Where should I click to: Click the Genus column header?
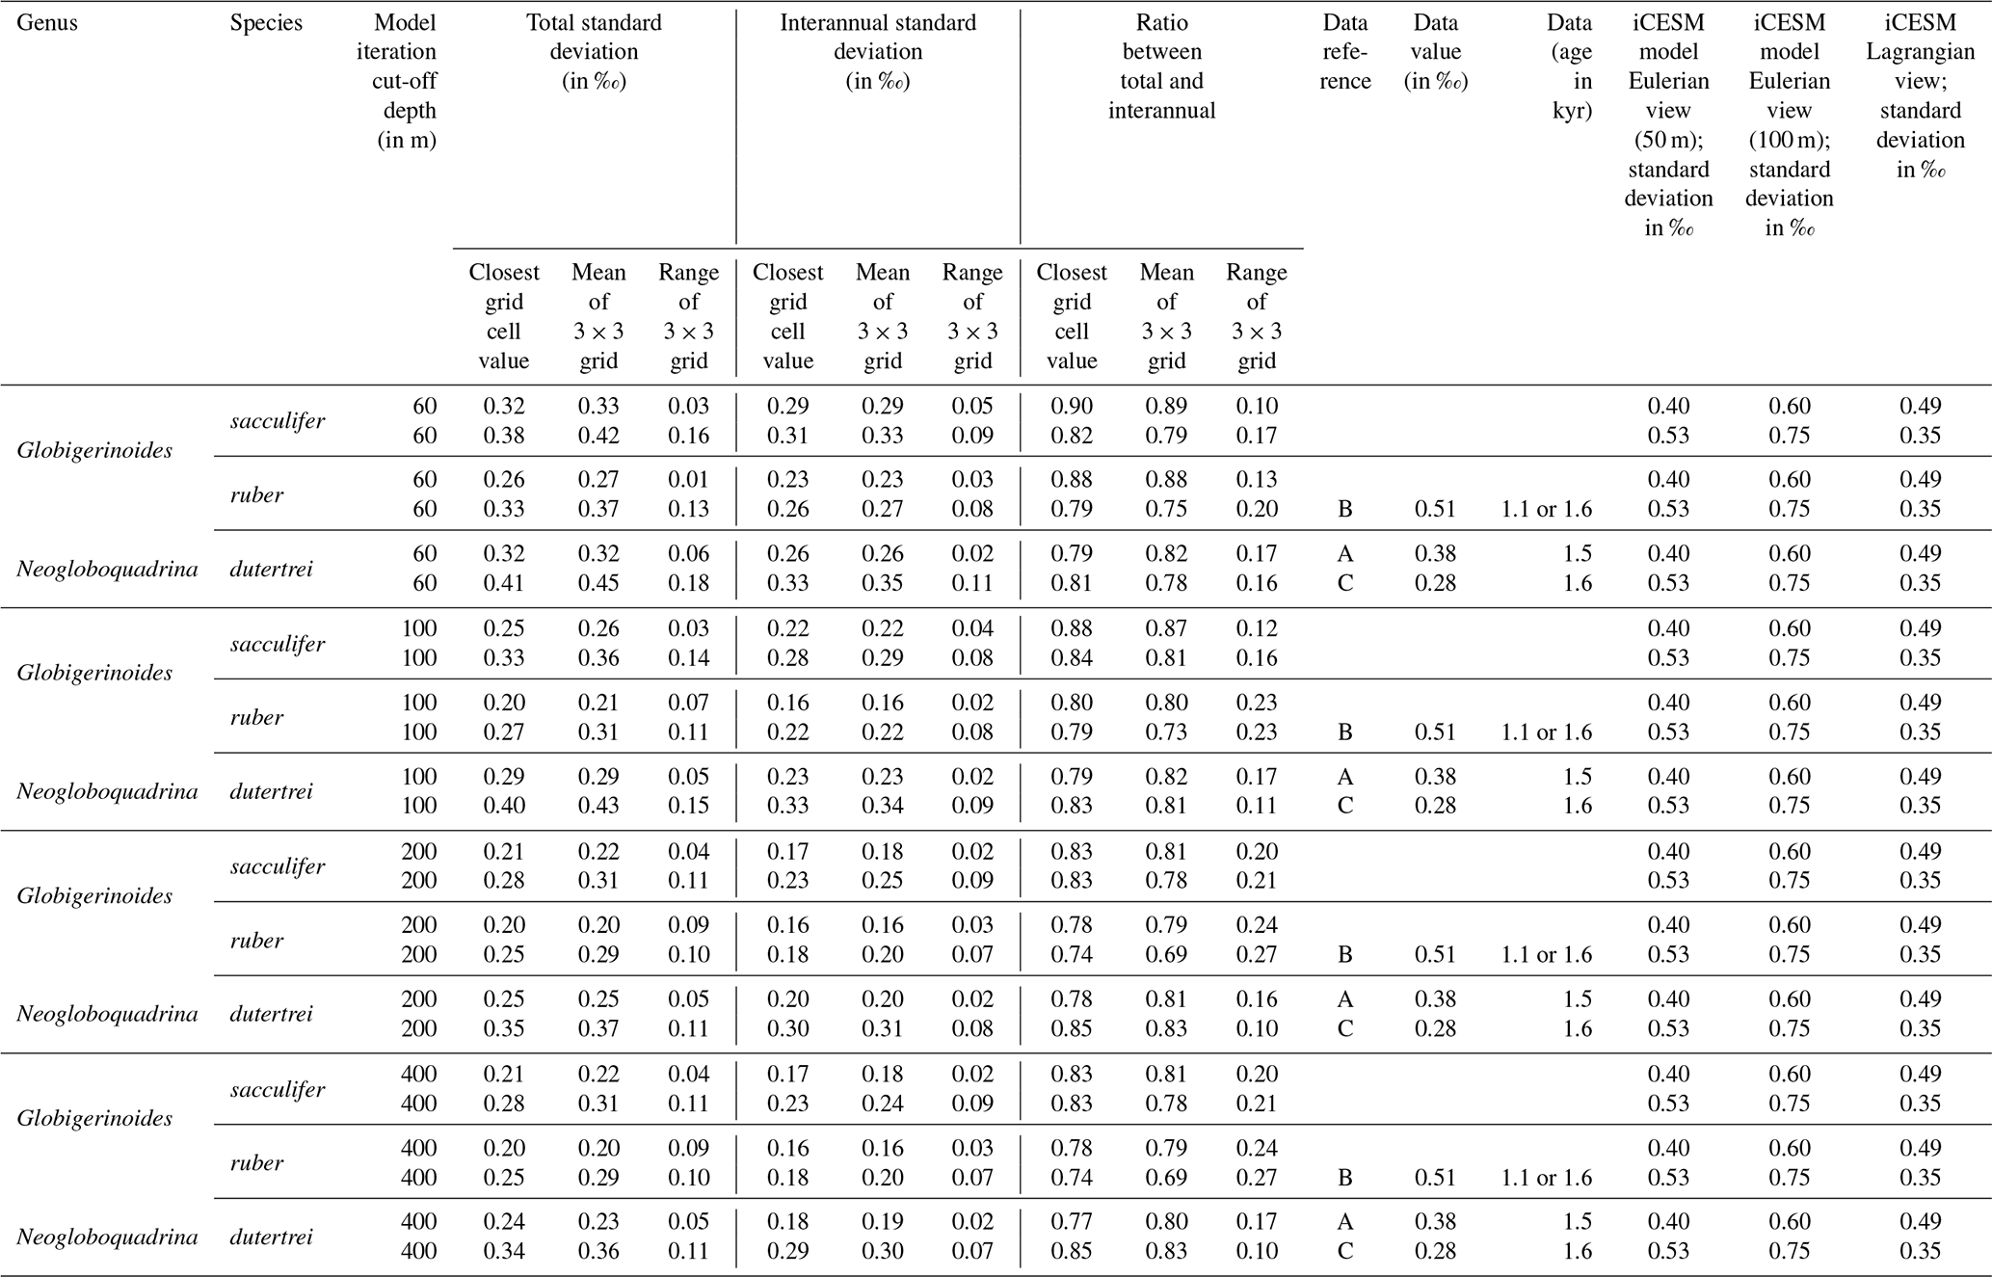pyautogui.click(x=47, y=23)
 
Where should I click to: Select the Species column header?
pyautogui.click(x=266, y=23)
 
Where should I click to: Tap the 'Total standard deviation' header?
pyautogui.click(x=594, y=51)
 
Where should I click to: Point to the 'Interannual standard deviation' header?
pyautogui.click(x=877, y=51)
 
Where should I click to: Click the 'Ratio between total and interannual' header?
pyautogui.click(x=1161, y=67)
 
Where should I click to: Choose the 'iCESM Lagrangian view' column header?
pyautogui.click(x=1920, y=95)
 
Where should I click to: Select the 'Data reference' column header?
pyautogui.click(x=1344, y=51)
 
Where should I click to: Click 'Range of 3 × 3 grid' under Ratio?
pyautogui.click(x=1257, y=316)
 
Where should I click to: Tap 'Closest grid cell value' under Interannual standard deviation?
pyautogui.click(x=787, y=316)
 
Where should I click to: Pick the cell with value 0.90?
pyautogui.click(x=1072, y=406)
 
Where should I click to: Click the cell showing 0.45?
pyautogui.click(x=598, y=583)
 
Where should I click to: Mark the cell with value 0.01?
pyautogui.click(x=688, y=480)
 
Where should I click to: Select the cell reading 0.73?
pyautogui.click(x=1166, y=732)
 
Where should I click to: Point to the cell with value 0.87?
pyautogui.click(x=1166, y=628)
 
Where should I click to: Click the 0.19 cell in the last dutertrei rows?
pyautogui.click(x=883, y=1222)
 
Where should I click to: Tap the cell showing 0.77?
pyautogui.click(x=1072, y=1222)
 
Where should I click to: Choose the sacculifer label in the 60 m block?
pyautogui.click(x=278, y=421)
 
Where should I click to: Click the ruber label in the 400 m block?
pyautogui.click(x=256, y=1163)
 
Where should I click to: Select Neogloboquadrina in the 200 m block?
pyautogui.click(x=107, y=1014)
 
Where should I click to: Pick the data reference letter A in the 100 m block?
pyautogui.click(x=1345, y=777)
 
